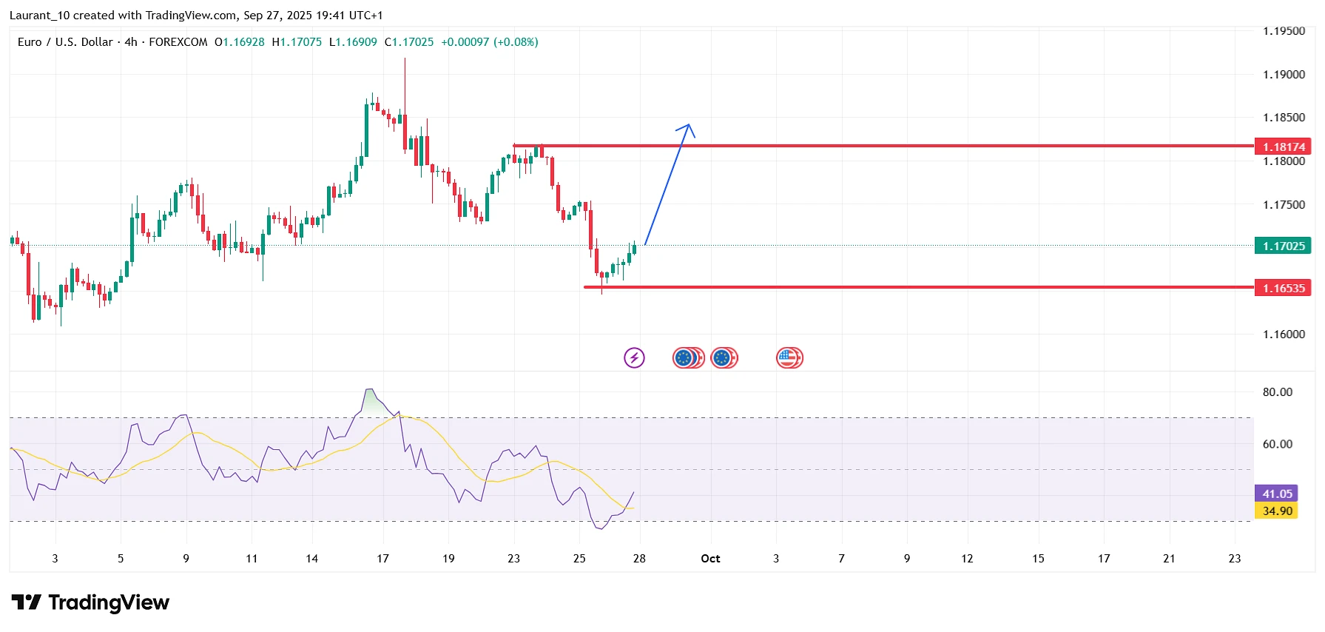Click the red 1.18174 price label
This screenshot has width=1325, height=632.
(x=1283, y=147)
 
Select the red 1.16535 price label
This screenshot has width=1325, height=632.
(x=1283, y=288)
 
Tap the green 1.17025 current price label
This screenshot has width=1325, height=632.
(x=1283, y=246)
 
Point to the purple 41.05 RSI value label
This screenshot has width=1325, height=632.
(x=1276, y=494)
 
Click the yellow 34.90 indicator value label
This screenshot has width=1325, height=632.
(x=1276, y=511)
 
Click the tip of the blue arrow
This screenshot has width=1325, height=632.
(x=689, y=124)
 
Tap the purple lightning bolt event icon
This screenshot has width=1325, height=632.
(x=634, y=358)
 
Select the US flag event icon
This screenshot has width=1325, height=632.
(x=789, y=358)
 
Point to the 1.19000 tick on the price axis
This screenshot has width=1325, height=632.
(x=1284, y=75)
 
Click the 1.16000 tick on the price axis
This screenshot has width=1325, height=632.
(x=1284, y=335)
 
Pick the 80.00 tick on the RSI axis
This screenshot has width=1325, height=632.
(x=1277, y=392)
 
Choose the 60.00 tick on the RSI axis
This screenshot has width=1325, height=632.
(x=1277, y=444)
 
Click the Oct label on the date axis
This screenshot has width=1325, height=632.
(x=710, y=559)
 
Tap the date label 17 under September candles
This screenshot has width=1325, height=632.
(x=382, y=559)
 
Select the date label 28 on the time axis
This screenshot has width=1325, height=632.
(x=639, y=559)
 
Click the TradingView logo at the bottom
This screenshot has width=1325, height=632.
(x=90, y=603)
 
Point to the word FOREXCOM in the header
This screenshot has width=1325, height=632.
(x=178, y=42)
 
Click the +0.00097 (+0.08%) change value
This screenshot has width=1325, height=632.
(x=489, y=42)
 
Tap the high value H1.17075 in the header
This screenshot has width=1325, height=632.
(x=297, y=42)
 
